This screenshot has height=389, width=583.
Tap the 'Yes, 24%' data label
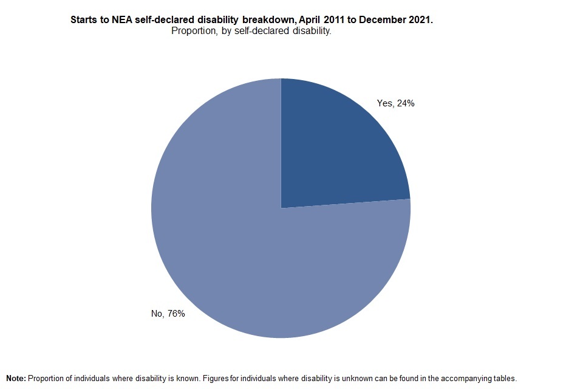[x=395, y=103]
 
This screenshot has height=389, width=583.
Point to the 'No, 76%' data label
[x=168, y=314]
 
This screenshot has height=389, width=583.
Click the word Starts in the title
[x=83, y=20]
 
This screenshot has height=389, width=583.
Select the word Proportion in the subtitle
[x=193, y=31]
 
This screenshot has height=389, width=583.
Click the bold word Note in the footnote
[x=15, y=378]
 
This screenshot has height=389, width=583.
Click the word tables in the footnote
[x=503, y=378]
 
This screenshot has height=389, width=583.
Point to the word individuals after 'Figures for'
[x=257, y=378]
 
